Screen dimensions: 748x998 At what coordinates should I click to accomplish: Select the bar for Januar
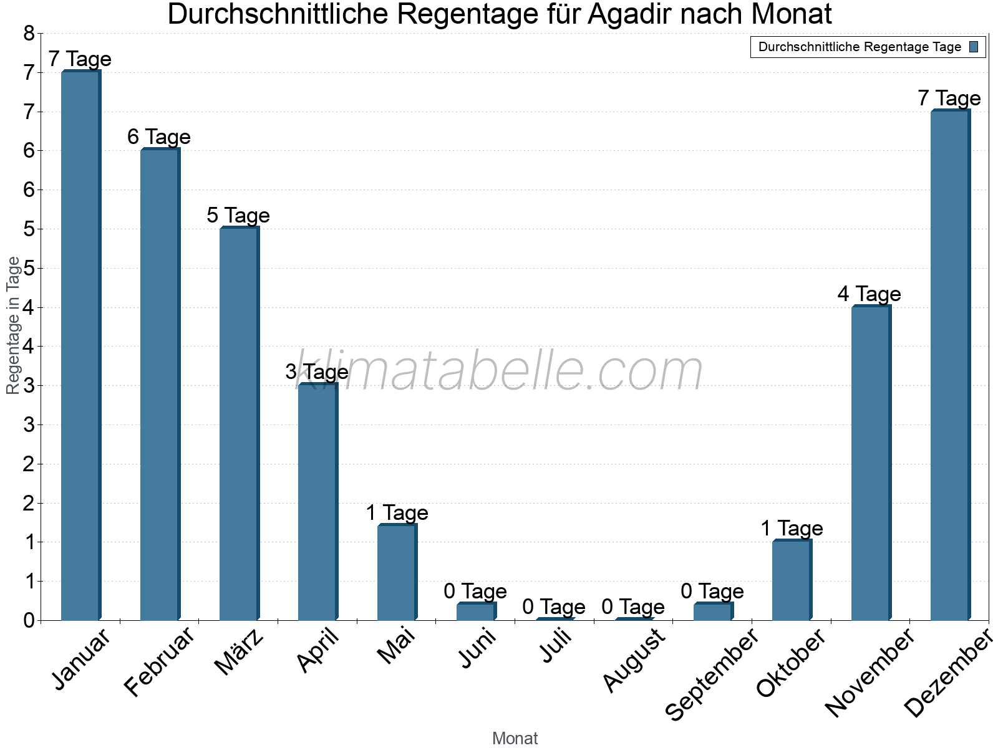pyautogui.click(x=80, y=346)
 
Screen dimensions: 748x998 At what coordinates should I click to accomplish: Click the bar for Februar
pyautogui.click(x=160, y=385)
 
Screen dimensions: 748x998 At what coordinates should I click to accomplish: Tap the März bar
pyautogui.click(x=239, y=424)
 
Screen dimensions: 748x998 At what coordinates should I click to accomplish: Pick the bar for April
pyautogui.click(x=317, y=502)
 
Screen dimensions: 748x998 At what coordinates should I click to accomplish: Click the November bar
pyautogui.click(x=871, y=463)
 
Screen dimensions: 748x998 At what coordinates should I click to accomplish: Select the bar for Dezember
pyautogui.click(x=950, y=365)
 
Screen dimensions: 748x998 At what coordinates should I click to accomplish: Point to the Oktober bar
pyautogui.click(x=792, y=580)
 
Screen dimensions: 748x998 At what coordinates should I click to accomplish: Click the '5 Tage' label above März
pyautogui.click(x=238, y=215)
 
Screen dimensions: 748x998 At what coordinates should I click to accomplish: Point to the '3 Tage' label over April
pyautogui.click(x=317, y=372)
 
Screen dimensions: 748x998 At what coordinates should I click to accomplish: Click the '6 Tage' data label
pyautogui.click(x=159, y=137)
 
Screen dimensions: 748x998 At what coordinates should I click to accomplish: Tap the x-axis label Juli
pyautogui.click(x=555, y=646)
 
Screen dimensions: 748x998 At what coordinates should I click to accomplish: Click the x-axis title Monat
pyautogui.click(x=515, y=738)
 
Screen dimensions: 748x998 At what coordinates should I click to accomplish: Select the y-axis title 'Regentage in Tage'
pyautogui.click(x=13, y=325)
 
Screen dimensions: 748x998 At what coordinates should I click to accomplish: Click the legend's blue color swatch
pyautogui.click(x=974, y=47)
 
